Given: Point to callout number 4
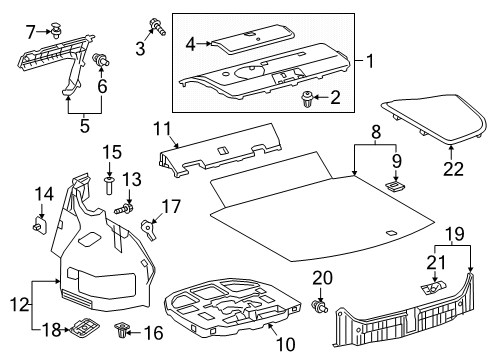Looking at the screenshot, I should pyautogui.click(x=190, y=43).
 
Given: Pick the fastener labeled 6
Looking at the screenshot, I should pyautogui.click(x=101, y=64).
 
